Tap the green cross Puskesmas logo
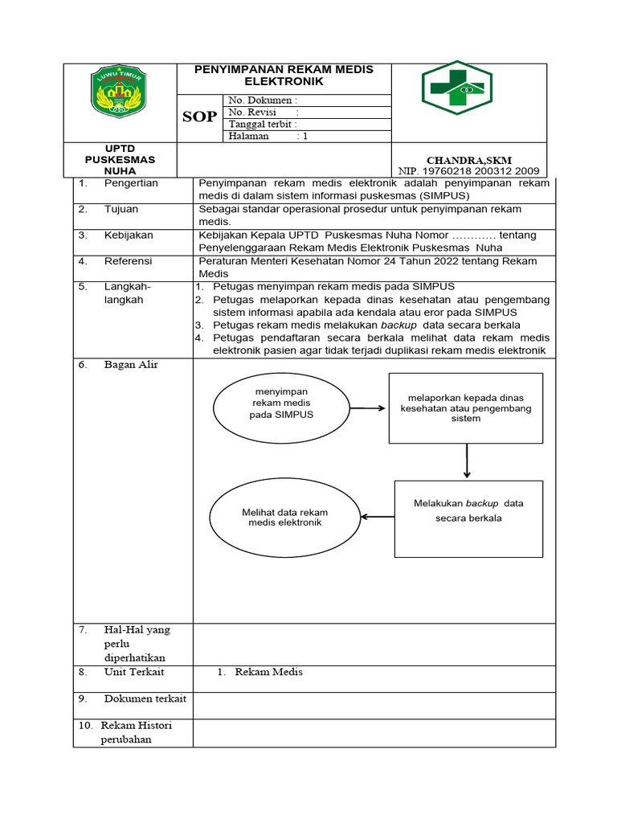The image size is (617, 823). click(457, 88)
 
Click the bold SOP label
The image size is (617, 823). click(199, 117)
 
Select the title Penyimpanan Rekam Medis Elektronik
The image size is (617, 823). click(284, 76)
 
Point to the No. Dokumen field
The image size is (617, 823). click(263, 100)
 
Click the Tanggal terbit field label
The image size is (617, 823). click(263, 125)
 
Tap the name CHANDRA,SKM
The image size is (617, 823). click(468, 160)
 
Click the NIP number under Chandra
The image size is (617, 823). click(468, 171)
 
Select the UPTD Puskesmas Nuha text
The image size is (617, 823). click(120, 160)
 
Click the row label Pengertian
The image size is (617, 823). click(131, 183)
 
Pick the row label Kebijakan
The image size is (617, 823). click(129, 235)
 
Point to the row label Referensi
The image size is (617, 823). click(128, 261)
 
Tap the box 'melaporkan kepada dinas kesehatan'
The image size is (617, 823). click(466, 408)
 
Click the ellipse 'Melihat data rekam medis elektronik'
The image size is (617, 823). click(284, 518)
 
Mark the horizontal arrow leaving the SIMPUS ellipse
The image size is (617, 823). click(367, 408)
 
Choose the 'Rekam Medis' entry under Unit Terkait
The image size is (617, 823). click(268, 672)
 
